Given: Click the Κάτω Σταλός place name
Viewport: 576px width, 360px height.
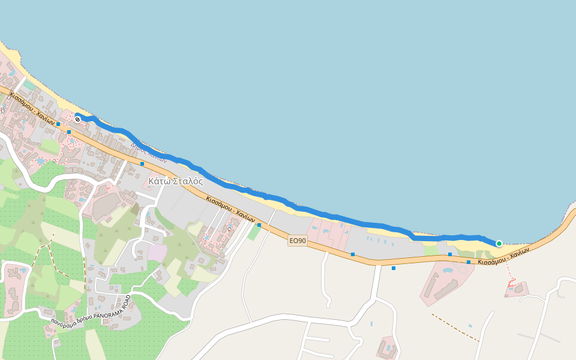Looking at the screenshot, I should point(175,181).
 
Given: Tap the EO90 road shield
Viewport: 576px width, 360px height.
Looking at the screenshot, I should point(298,241).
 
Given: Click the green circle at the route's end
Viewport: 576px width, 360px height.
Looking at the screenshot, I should point(499,243).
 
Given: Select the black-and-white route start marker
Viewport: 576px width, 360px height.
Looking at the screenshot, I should point(78,119).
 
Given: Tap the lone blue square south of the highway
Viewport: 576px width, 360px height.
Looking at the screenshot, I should point(394,268).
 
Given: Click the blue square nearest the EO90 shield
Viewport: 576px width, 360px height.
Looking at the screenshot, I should point(259,225).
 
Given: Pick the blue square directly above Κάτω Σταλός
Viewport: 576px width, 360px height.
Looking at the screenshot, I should point(142,163).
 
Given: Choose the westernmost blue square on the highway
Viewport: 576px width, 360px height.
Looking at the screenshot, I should point(58,124).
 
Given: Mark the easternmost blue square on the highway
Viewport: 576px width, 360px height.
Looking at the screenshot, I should point(469,262).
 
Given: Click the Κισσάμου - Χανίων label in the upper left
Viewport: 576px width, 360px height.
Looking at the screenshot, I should point(32,108).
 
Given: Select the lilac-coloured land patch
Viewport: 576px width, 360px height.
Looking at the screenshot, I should point(157,253).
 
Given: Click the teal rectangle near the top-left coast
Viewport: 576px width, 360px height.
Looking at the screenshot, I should point(29,85).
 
